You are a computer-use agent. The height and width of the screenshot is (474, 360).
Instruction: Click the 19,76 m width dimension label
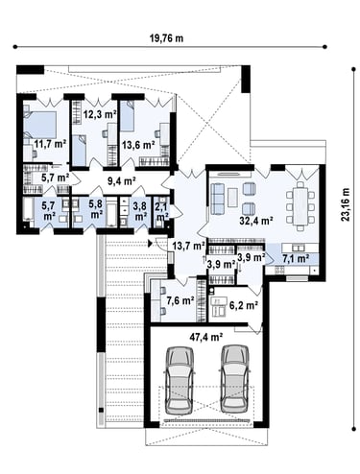166,38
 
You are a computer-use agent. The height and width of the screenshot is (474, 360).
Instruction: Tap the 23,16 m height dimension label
346,204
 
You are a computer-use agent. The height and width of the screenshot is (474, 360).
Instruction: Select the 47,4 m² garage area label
206,337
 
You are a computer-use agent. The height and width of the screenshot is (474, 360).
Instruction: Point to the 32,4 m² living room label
256,221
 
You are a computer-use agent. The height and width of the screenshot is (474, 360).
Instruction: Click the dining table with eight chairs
300,205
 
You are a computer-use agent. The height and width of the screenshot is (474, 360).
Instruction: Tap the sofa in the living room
218,199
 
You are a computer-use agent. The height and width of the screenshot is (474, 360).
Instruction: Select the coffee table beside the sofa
232,197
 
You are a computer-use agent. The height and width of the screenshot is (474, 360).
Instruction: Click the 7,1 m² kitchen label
296,258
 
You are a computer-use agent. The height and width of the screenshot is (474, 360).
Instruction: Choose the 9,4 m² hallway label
121,181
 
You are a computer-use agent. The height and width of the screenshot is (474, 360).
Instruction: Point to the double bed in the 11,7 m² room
40,125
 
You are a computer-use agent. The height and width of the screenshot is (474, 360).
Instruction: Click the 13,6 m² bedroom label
138,145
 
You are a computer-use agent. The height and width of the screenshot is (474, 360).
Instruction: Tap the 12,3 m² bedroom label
100,114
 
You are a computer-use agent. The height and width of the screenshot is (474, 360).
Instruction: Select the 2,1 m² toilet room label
161,211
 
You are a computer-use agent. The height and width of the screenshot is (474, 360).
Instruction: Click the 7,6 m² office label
180,300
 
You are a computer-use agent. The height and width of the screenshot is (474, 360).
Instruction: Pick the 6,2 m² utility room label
244,305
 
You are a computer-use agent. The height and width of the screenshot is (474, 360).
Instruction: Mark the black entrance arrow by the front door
150,244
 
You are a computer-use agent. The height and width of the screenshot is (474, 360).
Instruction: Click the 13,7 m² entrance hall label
188,246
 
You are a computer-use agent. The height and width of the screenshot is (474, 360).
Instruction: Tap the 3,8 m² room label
140,211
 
